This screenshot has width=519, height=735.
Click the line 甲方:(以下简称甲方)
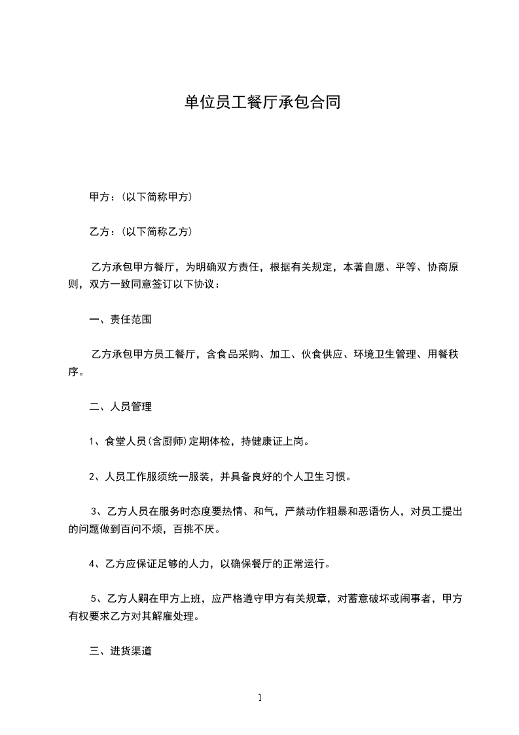[x=140, y=197]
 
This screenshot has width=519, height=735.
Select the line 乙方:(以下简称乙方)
[x=140, y=232]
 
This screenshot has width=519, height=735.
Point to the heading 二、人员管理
[x=120, y=407]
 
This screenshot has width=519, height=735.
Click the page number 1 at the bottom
[x=260, y=698]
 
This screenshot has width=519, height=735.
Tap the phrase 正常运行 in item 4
[x=306, y=563]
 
